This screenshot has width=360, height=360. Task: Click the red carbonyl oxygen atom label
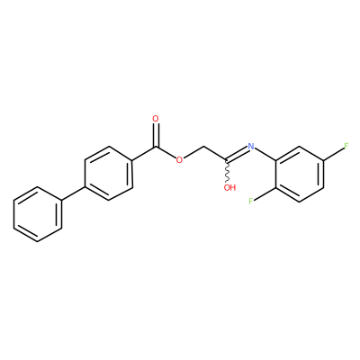coord(156,119)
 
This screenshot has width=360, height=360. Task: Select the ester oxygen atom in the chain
coord(179,159)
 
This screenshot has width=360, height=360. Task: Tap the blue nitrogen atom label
coord(251,147)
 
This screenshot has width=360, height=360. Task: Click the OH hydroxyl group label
coord(230,188)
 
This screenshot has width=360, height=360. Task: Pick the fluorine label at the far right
coord(346,147)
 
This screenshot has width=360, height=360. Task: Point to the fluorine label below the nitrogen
coord(251,202)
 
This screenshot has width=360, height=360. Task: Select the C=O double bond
coord(156,135)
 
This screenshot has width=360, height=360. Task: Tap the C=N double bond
coord(238,154)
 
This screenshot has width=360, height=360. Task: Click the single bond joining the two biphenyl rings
coord(73,194)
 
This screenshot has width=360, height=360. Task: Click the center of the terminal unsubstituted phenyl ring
coord(38,214)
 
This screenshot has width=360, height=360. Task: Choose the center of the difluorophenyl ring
coord(300,175)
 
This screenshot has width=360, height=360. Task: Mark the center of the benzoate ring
coord(109,174)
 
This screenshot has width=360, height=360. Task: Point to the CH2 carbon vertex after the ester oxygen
coord(204,147)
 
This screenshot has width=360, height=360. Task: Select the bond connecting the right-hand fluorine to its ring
coord(333,154)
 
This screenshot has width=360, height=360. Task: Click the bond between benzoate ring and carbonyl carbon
coord(144,154)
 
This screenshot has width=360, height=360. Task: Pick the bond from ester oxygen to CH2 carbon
coord(193,152)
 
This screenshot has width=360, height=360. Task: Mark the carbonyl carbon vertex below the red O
coord(156,147)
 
